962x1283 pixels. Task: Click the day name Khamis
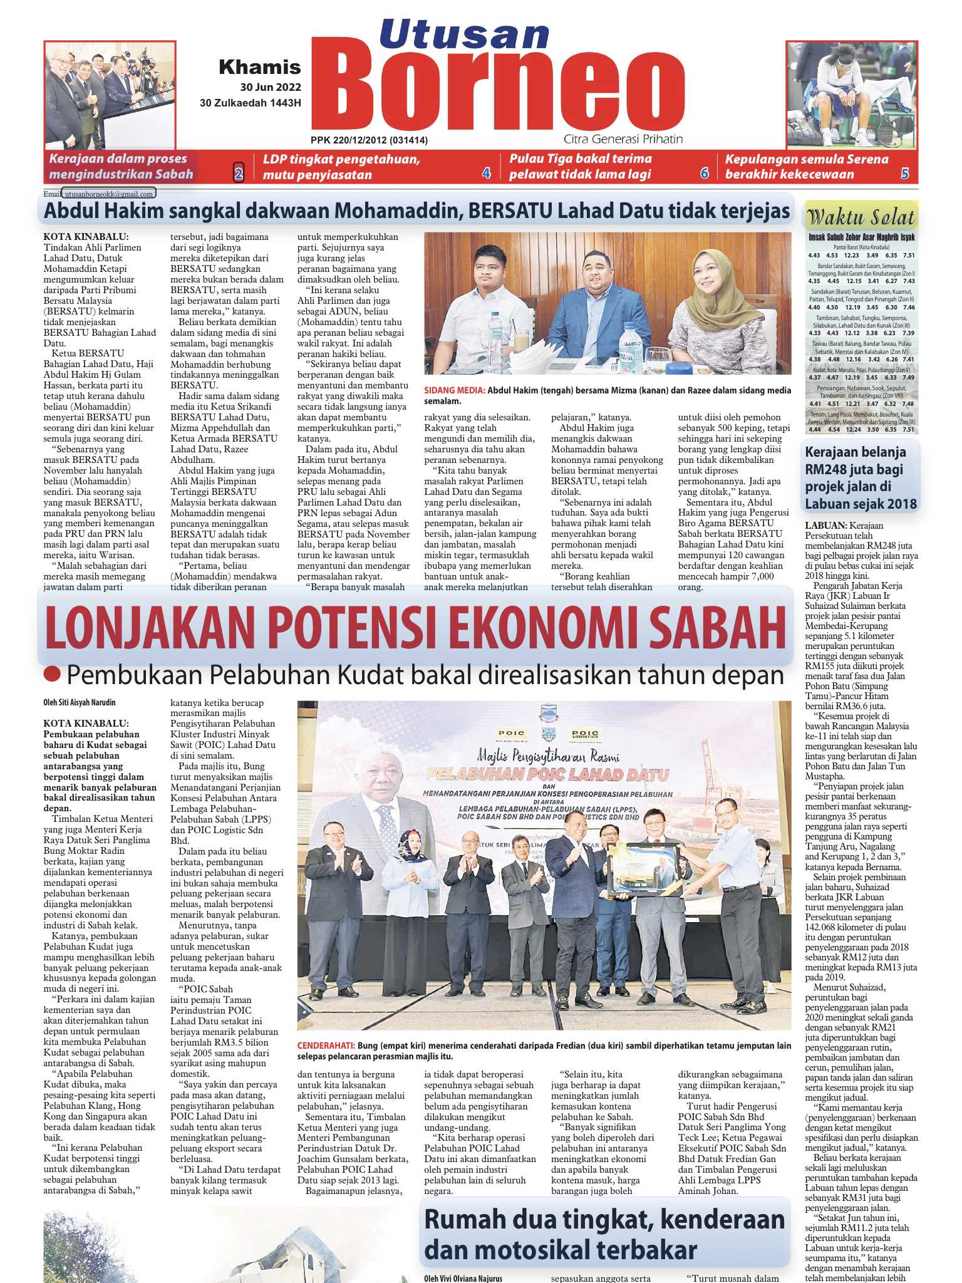tap(259, 67)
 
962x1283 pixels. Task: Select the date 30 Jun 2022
tap(270, 87)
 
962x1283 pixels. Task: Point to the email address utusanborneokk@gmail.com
tap(109, 194)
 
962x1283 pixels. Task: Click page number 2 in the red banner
tap(238, 174)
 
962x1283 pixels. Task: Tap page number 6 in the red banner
tap(704, 174)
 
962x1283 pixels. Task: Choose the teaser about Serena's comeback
tap(807, 167)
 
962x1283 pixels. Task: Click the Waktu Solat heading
tap(861, 217)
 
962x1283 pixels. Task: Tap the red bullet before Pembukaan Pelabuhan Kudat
tap(53, 675)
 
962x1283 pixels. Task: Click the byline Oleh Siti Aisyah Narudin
tap(80, 703)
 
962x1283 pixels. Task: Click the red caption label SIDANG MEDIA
tap(454, 390)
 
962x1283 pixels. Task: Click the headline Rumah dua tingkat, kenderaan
tap(604, 1219)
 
